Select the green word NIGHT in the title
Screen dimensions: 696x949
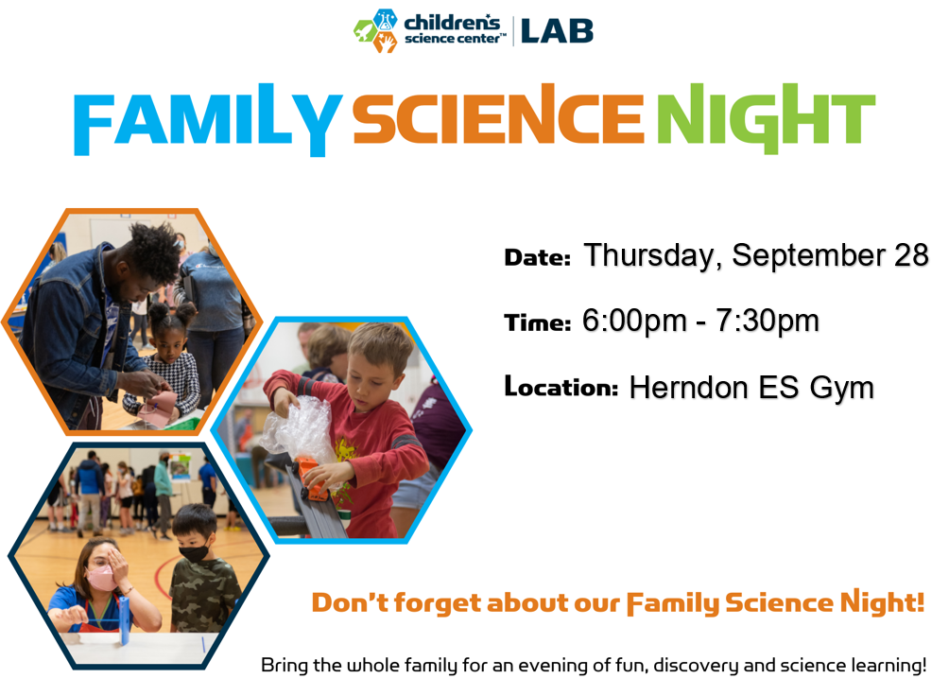pyautogui.click(x=766, y=120)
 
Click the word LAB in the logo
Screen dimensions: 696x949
pyautogui.click(x=557, y=30)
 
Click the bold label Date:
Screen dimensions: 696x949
pyautogui.click(x=537, y=257)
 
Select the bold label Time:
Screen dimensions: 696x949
pyautogui.click(x=537, y=323)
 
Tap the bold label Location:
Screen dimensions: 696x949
pyautogui.click(x=561, y=387)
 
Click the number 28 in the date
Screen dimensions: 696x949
pyautogui.click(x=910, y=254)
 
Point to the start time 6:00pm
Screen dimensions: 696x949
pyautogui.click(x=635, y=322)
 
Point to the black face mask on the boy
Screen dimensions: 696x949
pyautogui.click(x=195, y=554)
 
